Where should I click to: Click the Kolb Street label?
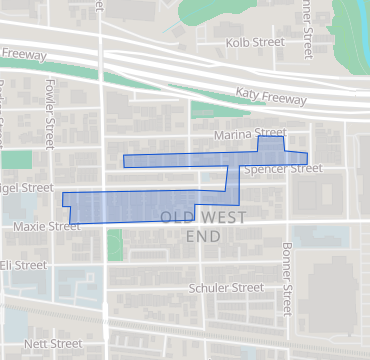click(255, 43)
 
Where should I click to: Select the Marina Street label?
click(250, 133)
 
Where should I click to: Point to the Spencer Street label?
click(283, 170)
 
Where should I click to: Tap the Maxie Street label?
click(46, 227)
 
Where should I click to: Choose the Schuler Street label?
click(226, 288)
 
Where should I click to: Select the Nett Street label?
click(53, 343)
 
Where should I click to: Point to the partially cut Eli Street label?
click(23, 265)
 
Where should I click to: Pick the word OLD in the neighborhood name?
click(176, 217)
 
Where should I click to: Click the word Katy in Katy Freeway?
click(247, 92)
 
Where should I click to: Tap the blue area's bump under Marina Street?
click(270, 145)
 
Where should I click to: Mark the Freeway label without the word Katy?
click(24, 54)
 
